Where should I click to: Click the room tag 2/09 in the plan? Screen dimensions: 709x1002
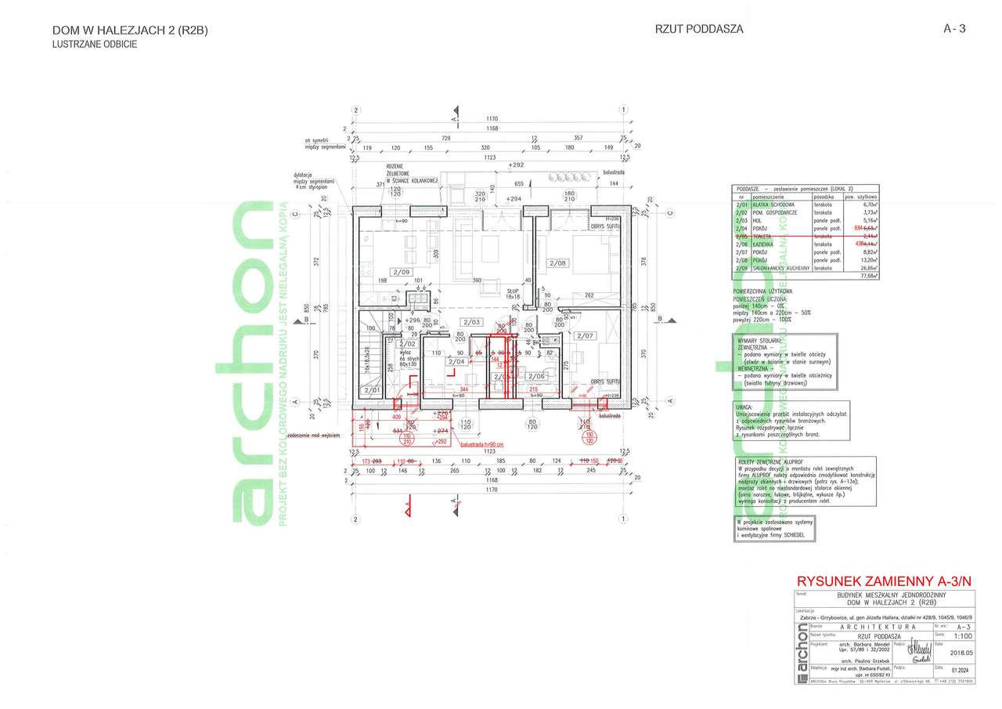[x=402, y=272]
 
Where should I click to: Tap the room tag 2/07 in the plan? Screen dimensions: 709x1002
[x=586, y=335]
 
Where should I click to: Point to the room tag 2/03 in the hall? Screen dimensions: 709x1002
[x=471, y=322]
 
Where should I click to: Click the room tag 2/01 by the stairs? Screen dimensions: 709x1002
[x=370, y=389]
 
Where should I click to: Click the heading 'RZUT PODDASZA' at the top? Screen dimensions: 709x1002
[x=699, y=29]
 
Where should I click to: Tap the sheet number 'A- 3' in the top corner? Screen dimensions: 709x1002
[x=955, y=29]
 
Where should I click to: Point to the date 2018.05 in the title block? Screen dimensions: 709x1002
[x=959, y=651]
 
